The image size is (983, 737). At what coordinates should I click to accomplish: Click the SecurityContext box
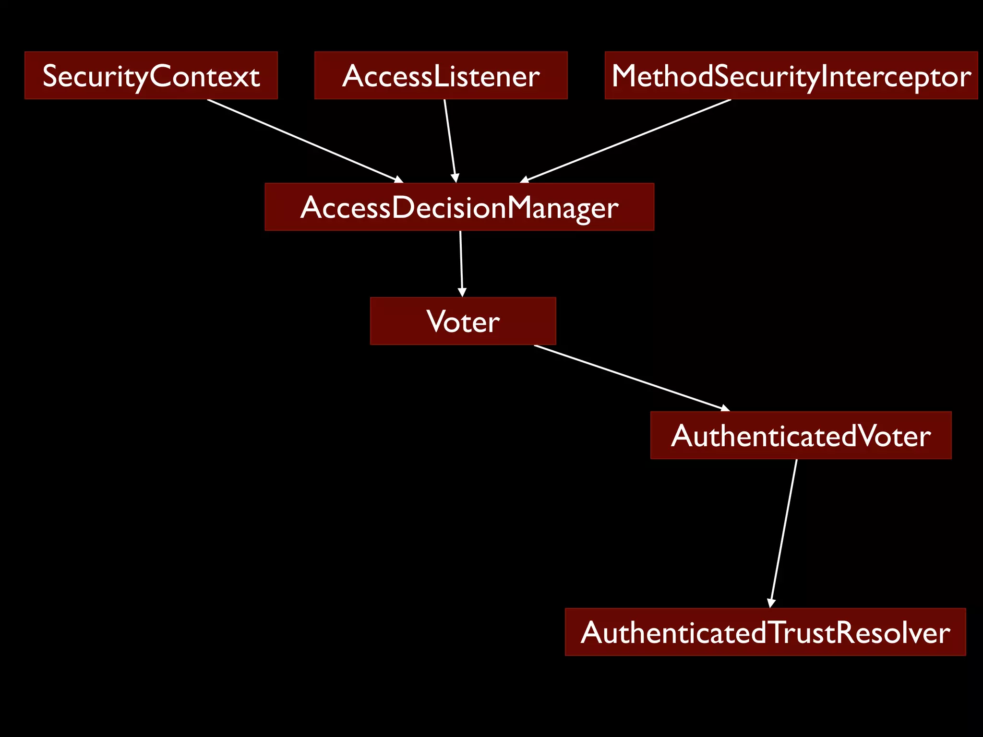tap(151, 76)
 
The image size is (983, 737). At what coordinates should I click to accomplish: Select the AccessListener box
tap(441, 76)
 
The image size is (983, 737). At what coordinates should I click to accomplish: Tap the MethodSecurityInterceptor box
tap(791, 76)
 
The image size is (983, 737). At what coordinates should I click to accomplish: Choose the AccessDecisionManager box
tap(459, 207)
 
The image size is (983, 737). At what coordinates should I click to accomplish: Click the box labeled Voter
tap(463, 321)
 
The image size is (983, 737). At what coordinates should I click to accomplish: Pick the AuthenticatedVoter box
tap(801, 435)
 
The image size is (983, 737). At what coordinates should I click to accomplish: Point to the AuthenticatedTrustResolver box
tap(765, 632)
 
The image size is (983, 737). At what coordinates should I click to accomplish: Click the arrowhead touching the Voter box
tap(462, 292)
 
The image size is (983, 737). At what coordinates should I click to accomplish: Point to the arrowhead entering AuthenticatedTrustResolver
tap(771, 603)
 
